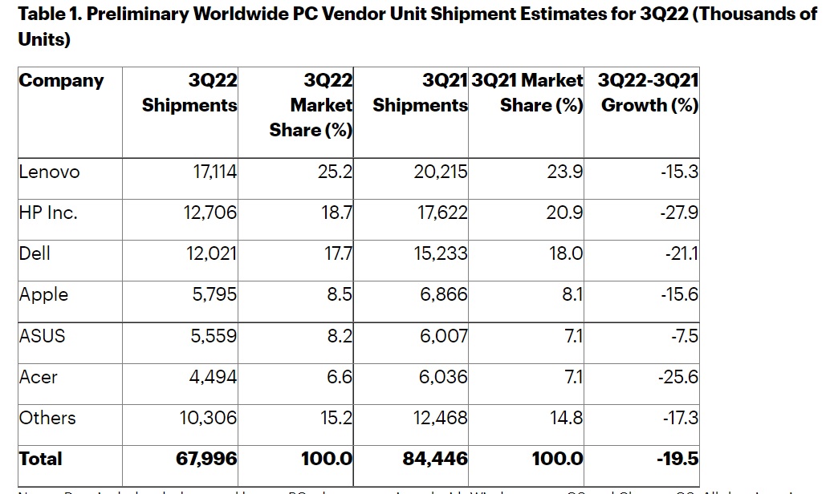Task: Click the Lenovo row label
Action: point(49,171)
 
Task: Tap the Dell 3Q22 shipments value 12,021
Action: point(207,253)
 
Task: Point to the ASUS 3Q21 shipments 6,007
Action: point(443,335)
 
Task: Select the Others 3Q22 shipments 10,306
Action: point(207,418)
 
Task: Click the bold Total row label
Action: point(40,459)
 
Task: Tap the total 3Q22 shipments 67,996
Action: point(206,459)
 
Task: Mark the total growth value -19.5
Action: point(676,459)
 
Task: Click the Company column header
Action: point(61,81)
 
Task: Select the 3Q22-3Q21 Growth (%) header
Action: point(649,93)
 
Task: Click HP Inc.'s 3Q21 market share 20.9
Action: point(566,212)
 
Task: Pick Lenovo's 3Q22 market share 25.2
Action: point(336,171)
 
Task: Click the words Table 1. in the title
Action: point(49,15)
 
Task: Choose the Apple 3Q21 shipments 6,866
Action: point(443,294)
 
